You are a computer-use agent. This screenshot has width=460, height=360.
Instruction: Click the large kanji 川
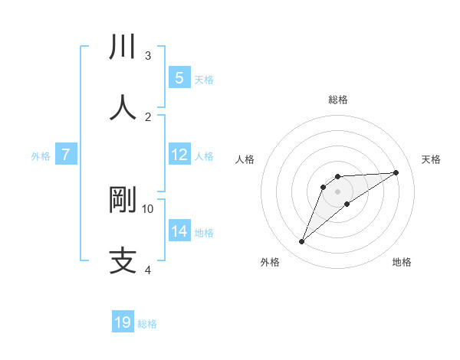click(123, 47)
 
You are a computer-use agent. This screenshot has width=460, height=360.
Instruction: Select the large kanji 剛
click(123, 200)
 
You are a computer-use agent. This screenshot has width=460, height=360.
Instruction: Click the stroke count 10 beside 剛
click(148, 208)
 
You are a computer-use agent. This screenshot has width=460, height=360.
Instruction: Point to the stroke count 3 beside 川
click(148, 55)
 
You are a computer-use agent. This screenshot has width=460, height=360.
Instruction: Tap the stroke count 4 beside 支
click(148, 270)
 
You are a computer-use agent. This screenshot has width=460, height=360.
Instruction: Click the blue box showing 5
click(179, 78)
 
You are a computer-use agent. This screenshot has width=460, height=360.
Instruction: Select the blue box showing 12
click(179, 155)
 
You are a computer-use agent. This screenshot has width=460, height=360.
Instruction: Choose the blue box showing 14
click(179, 231)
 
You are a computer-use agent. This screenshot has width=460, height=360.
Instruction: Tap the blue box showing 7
click(66, 155)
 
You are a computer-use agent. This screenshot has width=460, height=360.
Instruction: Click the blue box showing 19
click(123, 322)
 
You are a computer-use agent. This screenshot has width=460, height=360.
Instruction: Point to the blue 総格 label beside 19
click(147, 324)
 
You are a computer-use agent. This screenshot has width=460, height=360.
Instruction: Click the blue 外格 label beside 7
click(41, 156)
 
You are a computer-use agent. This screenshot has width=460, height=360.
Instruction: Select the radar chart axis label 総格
click(338, 100)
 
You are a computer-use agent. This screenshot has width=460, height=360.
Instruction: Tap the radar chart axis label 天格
click(432, 159)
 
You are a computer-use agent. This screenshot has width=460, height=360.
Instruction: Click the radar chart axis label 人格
click(245, 159)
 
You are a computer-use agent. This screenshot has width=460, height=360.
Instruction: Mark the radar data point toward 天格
click(396, 172)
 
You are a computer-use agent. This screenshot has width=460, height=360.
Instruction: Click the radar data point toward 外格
click(302, 242)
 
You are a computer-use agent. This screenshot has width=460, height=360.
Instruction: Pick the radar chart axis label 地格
click(402, 262)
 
